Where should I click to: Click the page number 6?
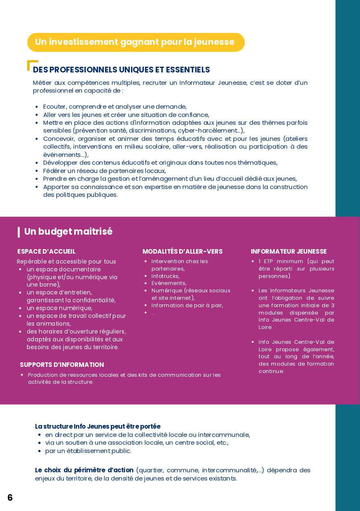pos(10,497)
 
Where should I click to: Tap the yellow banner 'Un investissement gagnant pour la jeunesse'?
pos(136,42)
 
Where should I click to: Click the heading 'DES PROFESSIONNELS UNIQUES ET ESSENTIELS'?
pos(122,70)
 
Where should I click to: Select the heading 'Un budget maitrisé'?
pos(68,231)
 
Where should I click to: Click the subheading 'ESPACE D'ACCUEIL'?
pos(46,251)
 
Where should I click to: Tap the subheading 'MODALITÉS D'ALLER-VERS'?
pos(182,251)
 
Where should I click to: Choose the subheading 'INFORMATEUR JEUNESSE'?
pos(288,251)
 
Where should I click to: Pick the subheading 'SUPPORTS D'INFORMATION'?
pos(62,364)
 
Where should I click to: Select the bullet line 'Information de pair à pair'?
pos(187,305)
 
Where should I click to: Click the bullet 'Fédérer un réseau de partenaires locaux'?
pos(104,170)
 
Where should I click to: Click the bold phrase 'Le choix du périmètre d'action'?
pos(84,470)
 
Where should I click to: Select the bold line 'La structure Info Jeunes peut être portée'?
pos(98,426)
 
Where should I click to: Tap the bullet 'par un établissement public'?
pos(88,450)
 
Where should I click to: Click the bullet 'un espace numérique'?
pos(59,308)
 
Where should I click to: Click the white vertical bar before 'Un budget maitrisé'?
pos(19,232)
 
